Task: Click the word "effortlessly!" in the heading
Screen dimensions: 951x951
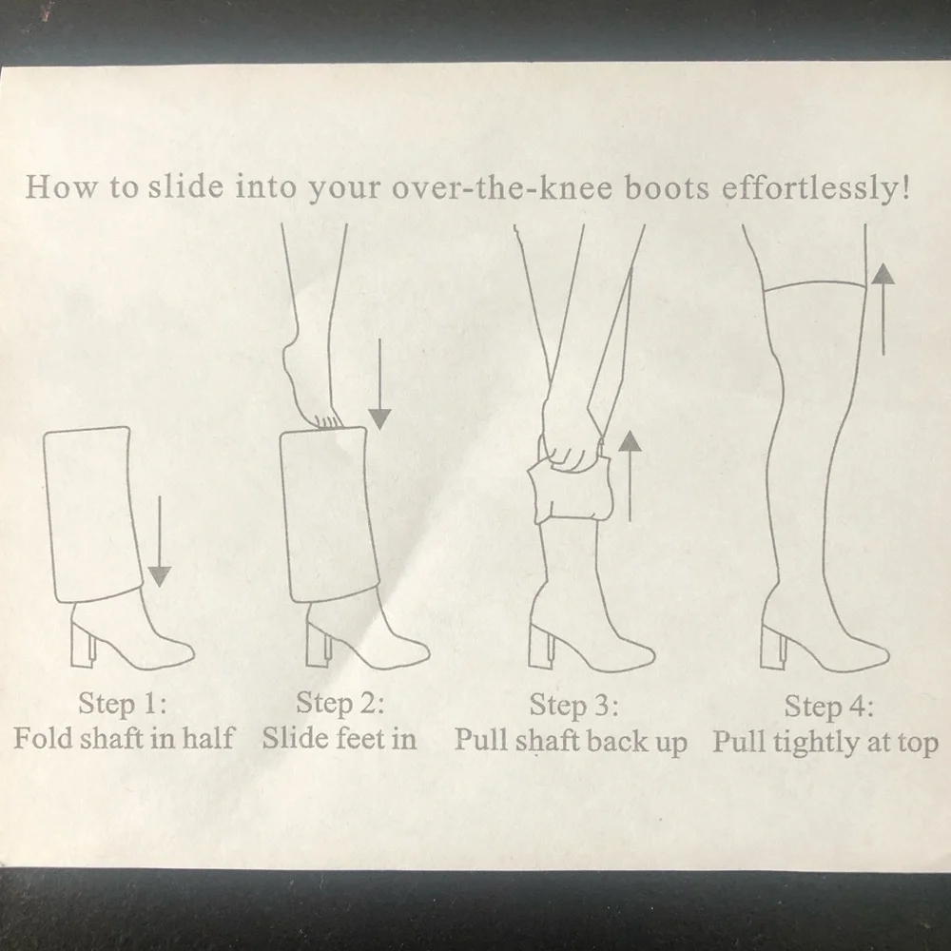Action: coord(816,188)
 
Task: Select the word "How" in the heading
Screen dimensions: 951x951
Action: coord(61,186)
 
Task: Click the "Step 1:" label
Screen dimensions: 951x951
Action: coord(123,704)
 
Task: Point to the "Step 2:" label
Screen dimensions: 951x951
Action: coord(340,704)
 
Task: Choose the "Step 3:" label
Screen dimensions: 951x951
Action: coord(573,706)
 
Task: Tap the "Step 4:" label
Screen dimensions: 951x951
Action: coord(828,707)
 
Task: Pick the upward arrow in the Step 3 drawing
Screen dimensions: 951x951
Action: coord(631,476)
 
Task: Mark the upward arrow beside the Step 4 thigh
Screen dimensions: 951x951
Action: coord(883,309)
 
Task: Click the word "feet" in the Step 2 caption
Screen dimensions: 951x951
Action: coord(360,739)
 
